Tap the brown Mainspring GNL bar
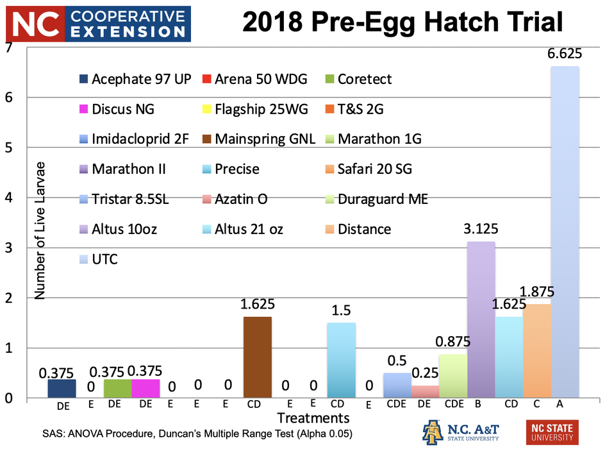tap(258, 357)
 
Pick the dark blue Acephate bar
tap(62, 388)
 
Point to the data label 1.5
tap(342, 311)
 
